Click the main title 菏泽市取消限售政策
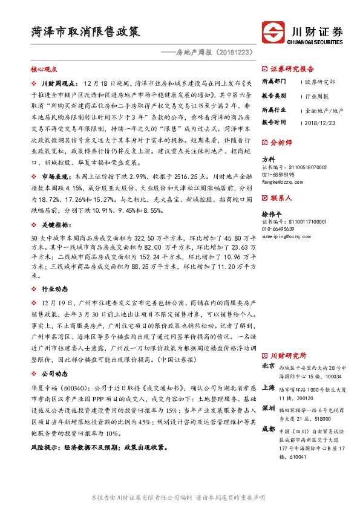(86, 30)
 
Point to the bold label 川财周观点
(59, 82)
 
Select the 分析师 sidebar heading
(281, 143)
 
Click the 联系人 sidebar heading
(281, 198)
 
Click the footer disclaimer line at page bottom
(180, 496)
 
